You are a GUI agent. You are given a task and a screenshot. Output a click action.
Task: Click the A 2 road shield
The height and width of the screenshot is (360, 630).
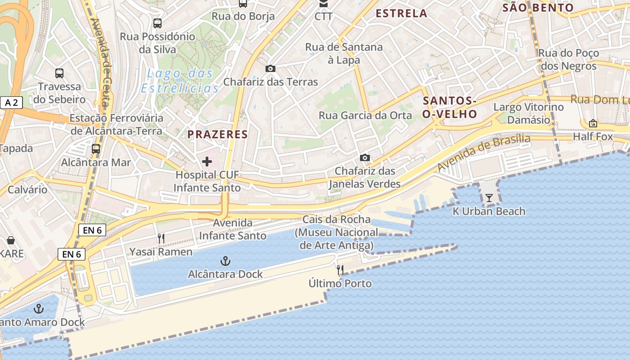click(11, 103)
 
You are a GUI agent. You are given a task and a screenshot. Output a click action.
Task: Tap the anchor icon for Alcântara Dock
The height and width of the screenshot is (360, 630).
click(225, 261)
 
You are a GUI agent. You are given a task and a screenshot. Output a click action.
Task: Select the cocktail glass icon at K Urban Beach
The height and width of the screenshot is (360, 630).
click(489, 198)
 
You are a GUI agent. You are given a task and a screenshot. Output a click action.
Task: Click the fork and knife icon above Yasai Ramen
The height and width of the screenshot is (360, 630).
click(161, 238)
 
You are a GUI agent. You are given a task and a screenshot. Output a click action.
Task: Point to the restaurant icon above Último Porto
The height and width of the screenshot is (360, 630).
click(340, 270)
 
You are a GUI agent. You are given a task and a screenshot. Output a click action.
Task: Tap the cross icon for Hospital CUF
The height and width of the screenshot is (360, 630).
click(207, 161)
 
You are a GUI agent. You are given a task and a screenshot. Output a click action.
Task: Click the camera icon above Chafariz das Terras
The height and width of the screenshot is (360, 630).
click(270, 68)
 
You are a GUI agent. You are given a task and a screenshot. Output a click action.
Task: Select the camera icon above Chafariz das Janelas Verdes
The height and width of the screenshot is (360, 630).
click(365, 157)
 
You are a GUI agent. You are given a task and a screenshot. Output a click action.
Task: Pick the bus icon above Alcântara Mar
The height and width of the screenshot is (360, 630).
click(96, 149)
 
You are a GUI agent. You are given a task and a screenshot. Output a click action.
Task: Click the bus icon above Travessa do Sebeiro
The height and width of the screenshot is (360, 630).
click(59, 73)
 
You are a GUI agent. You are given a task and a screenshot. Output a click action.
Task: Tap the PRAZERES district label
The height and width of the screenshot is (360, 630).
click(218, 134)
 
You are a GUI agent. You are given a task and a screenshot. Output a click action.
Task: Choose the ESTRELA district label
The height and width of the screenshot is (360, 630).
click(401, 13)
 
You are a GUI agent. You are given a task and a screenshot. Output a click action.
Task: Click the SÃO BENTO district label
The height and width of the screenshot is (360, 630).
click(538, 8)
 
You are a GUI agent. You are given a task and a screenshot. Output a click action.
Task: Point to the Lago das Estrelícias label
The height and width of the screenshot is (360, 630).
click(180, 81)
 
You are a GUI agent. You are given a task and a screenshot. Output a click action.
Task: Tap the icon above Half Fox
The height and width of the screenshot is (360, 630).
click(593, 123)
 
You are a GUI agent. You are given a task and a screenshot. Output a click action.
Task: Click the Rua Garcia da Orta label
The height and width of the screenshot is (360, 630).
click(365, 115)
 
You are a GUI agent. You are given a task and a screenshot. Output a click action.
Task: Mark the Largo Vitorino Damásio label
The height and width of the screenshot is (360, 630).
click(528, 113)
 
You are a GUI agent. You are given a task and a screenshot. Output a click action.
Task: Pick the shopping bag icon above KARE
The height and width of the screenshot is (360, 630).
click(11, 240)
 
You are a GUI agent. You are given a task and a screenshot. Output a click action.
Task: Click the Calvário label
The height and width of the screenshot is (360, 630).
click(27, 189)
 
